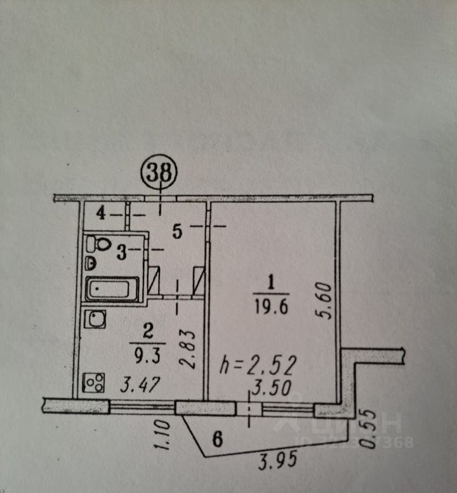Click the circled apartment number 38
click(160, 172)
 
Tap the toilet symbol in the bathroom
click(99, 244)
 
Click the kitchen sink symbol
click(95, 319)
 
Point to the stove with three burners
click(93, 383)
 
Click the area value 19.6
click(271, 307)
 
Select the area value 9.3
click(148, 356)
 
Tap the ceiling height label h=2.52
click(258, 366)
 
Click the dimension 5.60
click(326, 301)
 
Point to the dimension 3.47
click(140, 385)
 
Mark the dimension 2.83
click(188, 349)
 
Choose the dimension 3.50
click(271, 388)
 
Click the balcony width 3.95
click(277, 459)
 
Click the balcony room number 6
click(218, 439)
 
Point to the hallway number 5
click(177, 231)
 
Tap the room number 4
click(101, 214)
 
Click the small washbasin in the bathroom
click(91, 264)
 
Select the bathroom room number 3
click(122, 252)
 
